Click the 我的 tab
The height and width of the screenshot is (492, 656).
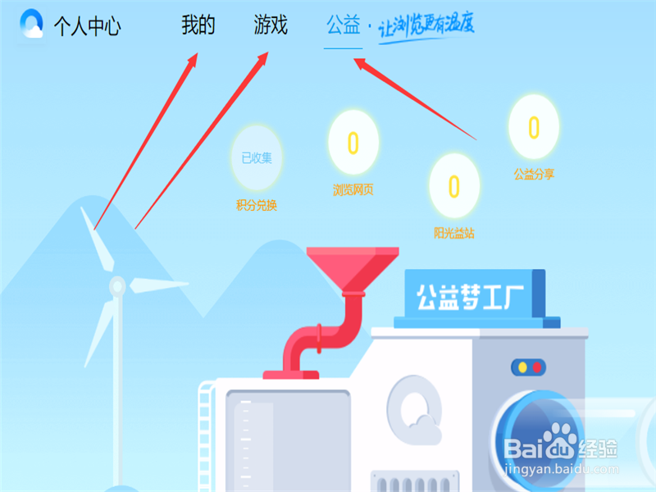(198, 25)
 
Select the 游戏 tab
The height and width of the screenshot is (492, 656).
(271, 25)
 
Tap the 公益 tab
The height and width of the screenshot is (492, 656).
(343, 25)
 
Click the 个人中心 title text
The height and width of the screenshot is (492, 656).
(88, 26)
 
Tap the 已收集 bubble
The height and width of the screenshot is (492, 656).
(257, 157)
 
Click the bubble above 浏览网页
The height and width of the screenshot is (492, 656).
(353, 143)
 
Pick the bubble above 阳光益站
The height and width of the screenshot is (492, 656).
(453, 186)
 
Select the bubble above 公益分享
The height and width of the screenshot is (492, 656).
(533, 127)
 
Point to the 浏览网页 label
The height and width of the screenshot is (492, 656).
(353, 190)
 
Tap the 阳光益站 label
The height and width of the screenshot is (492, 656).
(453, 234)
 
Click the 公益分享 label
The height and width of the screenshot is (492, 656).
(534, 174)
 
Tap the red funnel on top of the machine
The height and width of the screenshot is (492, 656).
(353, 267)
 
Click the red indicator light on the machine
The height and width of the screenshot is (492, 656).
(537, 367)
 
